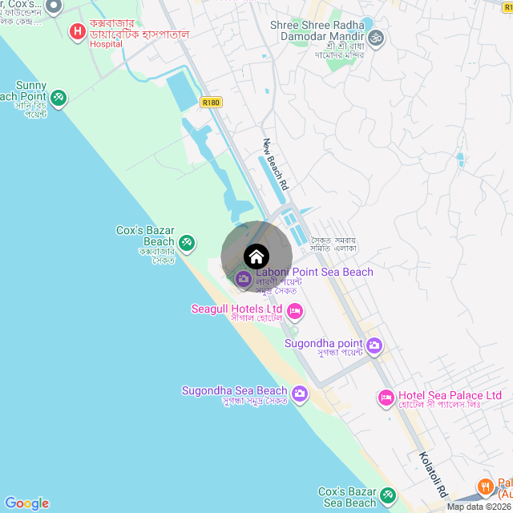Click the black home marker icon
[x=256, y=256]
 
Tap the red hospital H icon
[x=78, y=32]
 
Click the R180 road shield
[x=211, y=103]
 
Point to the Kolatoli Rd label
[x=434, y=475]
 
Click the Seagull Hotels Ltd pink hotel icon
[x=294, y=310]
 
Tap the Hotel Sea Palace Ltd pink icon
[x=386, y=398]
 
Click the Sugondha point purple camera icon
[x=374, y=346]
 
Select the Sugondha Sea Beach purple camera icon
[x=300, y=393]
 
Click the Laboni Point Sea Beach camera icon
[x=243, y=279]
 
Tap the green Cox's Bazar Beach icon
[x=186, y=241]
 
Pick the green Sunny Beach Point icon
[x=58, y=98]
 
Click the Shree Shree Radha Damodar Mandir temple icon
[x=376, y=37]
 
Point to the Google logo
[x=26, y=503]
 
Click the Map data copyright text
[x=479, y=507]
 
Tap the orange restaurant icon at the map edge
[x=485, y=487]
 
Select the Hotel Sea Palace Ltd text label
[x=450, y=396]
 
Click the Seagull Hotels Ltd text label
[x=236, y=309]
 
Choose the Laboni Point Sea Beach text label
[x=314, y=273]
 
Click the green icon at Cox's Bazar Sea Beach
[x=388, y=495]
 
